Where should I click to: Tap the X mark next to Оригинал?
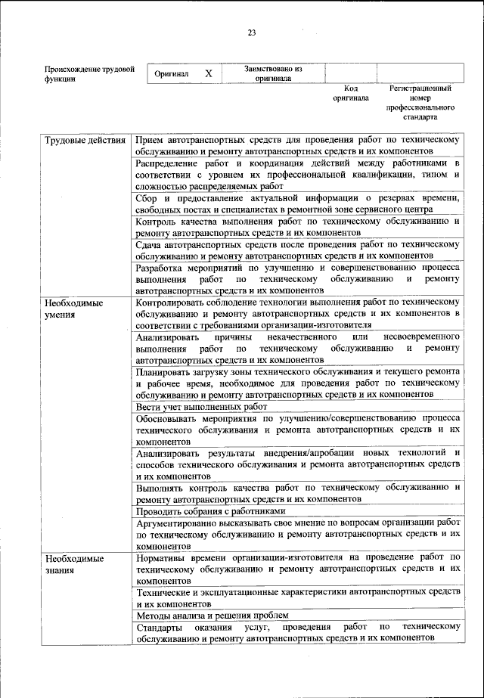(x=209, y=73)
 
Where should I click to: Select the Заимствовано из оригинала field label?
(x=272, y=73)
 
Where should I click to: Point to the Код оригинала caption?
(x=351, y=93)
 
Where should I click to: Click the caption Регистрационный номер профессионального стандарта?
(x=420, y=103)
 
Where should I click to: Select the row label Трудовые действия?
(x=85, y=141)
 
